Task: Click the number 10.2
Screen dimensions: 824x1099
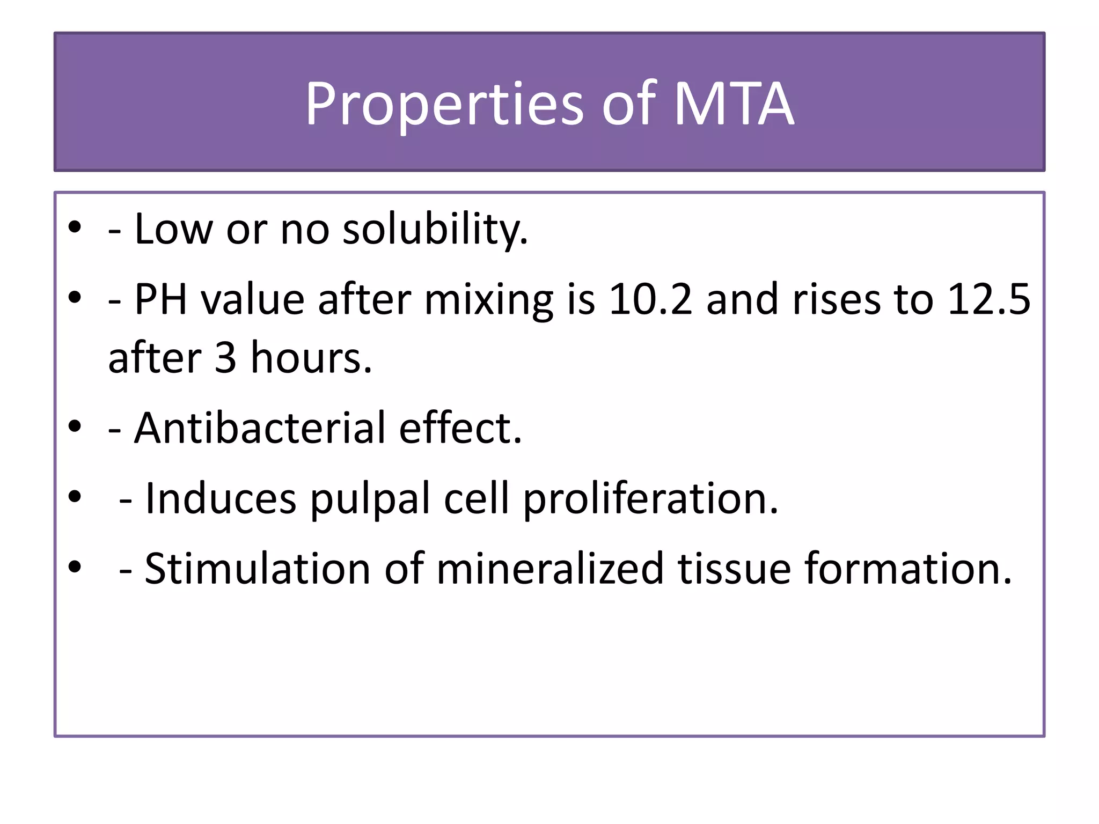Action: [651, 299]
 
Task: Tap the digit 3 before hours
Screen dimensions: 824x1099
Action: [225, 358]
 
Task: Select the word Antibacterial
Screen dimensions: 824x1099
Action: [260, 428]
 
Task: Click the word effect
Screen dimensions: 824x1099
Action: [460, 428]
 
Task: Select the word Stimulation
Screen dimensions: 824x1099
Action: [258, 569]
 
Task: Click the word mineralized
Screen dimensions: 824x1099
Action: [550, 569]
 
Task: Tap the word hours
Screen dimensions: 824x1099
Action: [311, 358]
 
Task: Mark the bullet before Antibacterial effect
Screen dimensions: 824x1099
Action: [75, 426]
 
